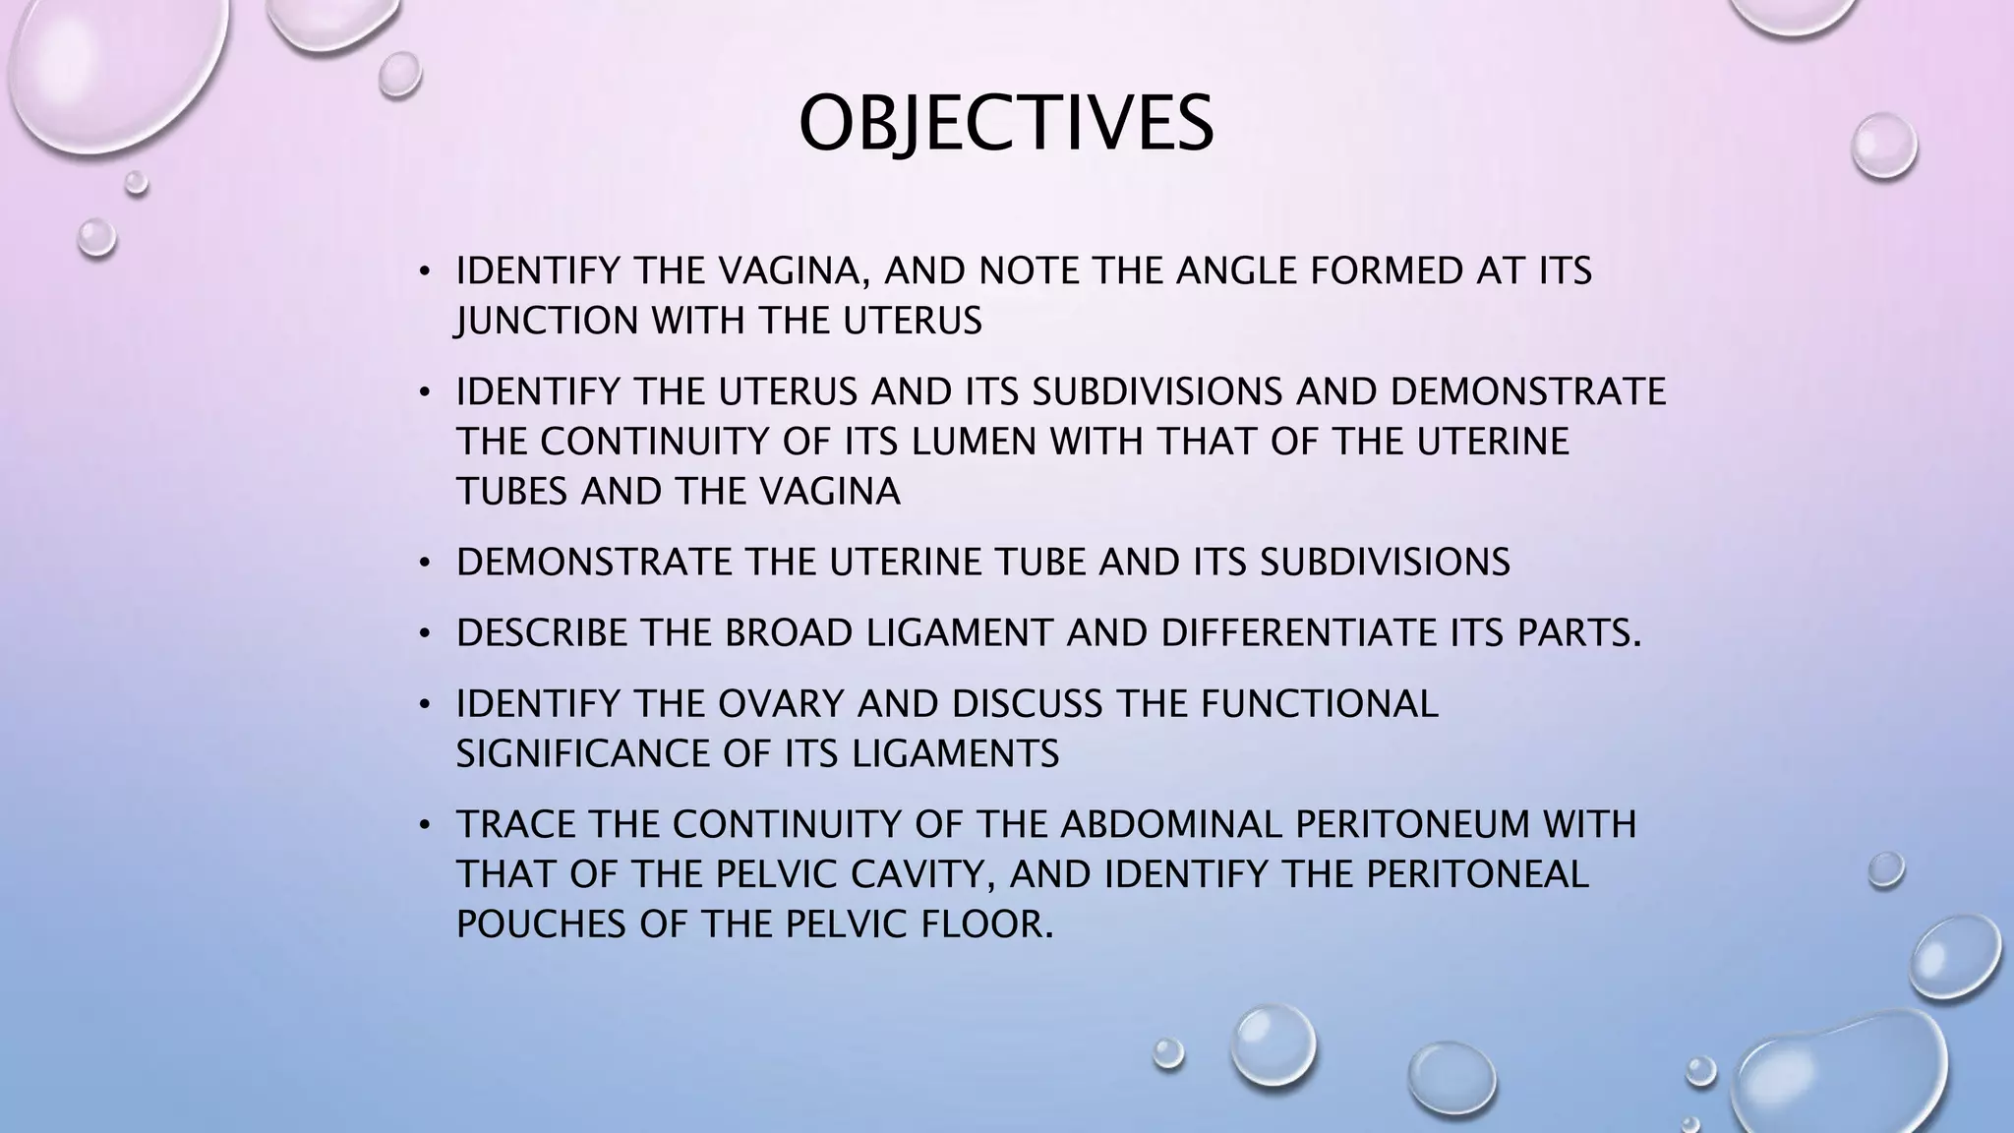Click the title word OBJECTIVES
[x=1005, y=124]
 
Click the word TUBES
[x=511, y=491]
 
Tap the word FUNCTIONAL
[x=1319, y=703]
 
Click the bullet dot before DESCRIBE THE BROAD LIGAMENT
[x=424, y=634]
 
